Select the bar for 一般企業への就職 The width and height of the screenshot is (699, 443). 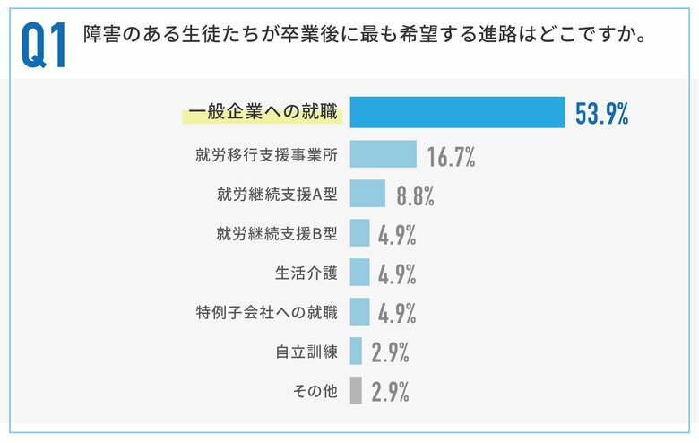coord(457,113)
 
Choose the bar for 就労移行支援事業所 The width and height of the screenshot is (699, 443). coord(383,154)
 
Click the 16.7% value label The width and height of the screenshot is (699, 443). coord(451,156)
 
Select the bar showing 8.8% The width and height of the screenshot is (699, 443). coord(367,194)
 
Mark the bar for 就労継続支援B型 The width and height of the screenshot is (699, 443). coord(359,233)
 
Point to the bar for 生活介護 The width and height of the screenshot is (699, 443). coord(359,273)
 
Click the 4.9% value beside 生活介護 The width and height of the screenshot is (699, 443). coord(397,274)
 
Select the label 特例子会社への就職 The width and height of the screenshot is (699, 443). coord(266,312)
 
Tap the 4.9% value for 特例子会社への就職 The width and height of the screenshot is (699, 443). coord(397,314)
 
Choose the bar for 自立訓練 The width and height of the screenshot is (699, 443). coord(356,352)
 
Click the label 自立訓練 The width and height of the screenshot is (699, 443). coord(306,352)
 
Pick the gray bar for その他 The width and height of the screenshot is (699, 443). coord(356,391)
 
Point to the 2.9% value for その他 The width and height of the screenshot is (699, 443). coord(390,393)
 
